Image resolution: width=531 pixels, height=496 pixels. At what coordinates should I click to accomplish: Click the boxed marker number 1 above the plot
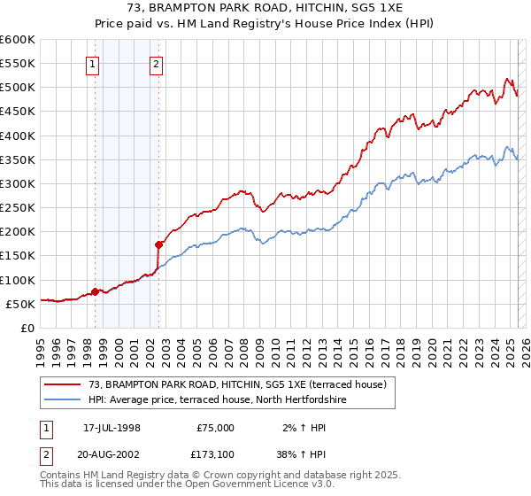coord(93,63)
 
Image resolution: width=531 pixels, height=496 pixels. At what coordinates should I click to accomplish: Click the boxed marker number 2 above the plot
coord(156,63)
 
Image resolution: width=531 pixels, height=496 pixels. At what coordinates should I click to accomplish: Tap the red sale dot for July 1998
coord(95,291)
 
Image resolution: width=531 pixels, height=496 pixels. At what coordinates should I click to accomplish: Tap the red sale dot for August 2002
coord(158,244)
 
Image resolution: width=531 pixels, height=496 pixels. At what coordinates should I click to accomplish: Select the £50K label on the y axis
coord(20,304)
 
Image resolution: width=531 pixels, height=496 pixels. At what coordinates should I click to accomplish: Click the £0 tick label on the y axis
coord(27,328)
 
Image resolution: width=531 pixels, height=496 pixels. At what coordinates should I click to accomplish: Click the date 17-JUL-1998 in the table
coord(112,428)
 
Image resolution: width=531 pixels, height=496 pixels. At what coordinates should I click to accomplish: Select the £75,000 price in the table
coord(215,428)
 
